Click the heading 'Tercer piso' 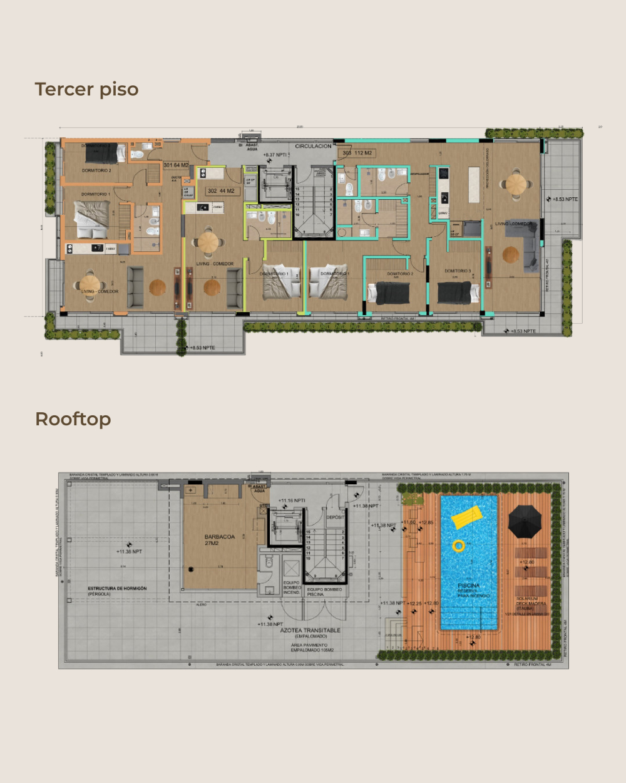[86, 90]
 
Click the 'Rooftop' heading [73, 419]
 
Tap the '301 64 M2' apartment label [176, 165]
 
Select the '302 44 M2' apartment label [221, 191]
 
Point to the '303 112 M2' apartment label [357, 153]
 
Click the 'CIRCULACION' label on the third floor [313, 146]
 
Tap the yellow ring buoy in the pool [458, 546]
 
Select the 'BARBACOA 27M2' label [219, 540]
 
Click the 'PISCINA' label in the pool [468, 586]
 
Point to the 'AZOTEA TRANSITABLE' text [310, 630]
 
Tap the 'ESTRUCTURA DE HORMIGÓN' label [117, 589]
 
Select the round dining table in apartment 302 [207, 241]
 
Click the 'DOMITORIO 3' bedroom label [458, 271]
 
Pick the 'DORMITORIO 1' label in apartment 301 [95, 194]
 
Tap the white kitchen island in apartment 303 [474, 184]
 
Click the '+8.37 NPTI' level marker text [275, 155]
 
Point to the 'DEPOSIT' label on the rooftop [335, 517]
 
